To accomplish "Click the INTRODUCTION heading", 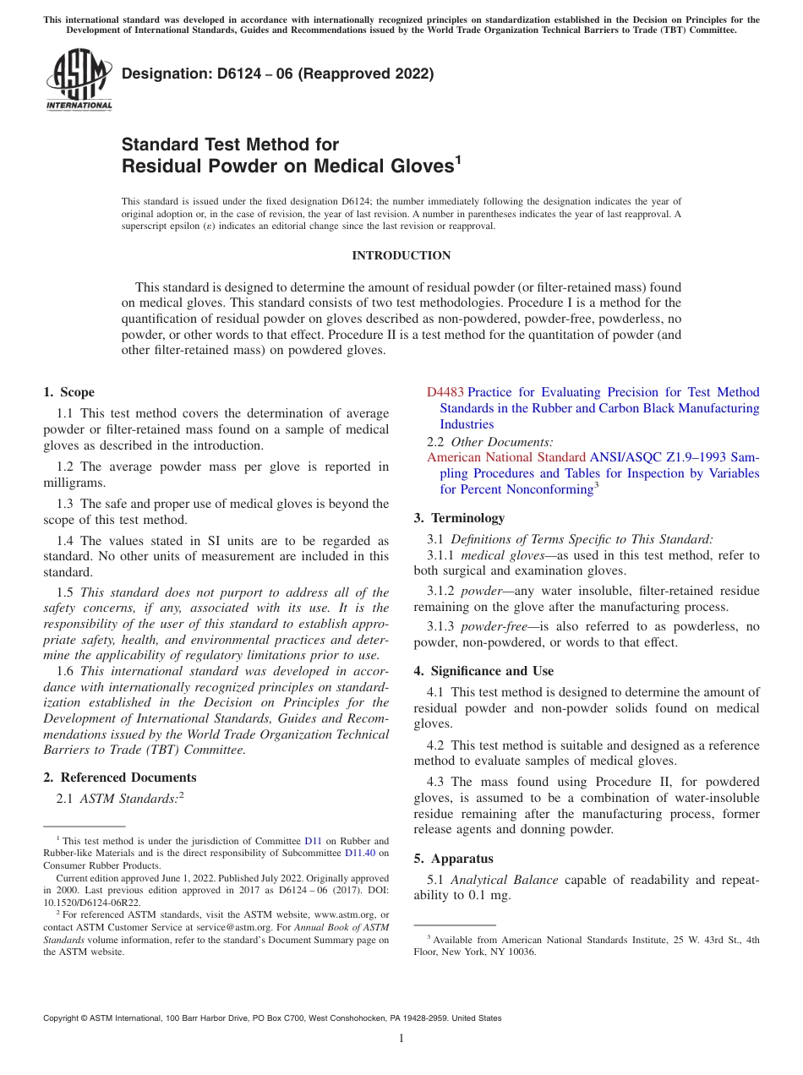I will [401, 255].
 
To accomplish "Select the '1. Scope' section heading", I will [69, 392].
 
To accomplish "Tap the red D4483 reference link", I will [445, 392].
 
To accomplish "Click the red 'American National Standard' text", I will [505, 457].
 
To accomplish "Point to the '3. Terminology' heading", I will [459, 517].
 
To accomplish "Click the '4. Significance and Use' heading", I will [483, 671].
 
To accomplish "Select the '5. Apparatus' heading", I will [453, 859].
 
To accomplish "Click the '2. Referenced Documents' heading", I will [120, 778].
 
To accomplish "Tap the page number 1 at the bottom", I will [401, 1038].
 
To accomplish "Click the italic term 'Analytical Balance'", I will [504, 880].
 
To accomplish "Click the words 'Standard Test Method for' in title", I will [230, 145].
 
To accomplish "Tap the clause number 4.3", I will [437, 782].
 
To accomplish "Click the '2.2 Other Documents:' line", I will [490, 441].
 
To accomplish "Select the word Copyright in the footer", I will [63, 1018].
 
